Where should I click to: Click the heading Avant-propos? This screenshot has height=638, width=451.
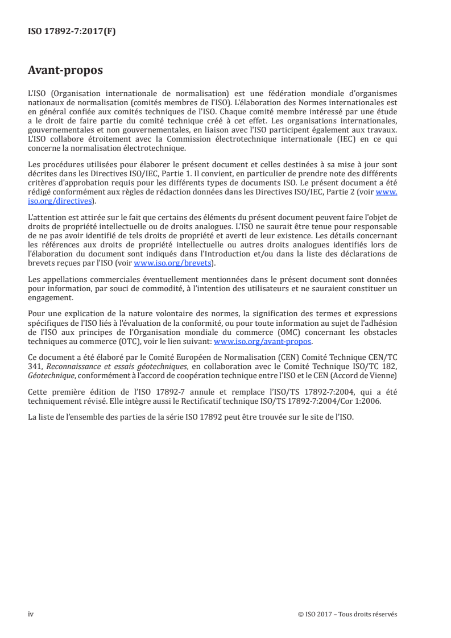[65, 71]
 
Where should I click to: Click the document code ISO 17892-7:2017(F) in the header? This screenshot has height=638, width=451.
[72, 32]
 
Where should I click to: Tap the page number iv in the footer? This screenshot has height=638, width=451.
[31, 614]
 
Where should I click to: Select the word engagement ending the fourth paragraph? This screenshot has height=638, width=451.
[49, 296]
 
